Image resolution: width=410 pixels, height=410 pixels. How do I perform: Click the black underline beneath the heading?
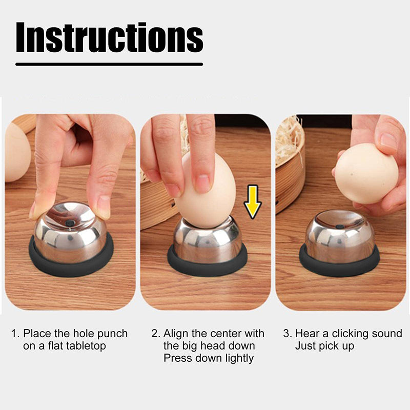[x=109, y=64]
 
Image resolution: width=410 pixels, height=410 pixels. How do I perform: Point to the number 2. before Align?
[x=156, y=334]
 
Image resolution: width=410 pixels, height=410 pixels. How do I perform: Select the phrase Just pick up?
[x=324, y=346]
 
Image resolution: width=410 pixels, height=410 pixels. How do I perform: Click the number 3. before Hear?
[x=288, y=334]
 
